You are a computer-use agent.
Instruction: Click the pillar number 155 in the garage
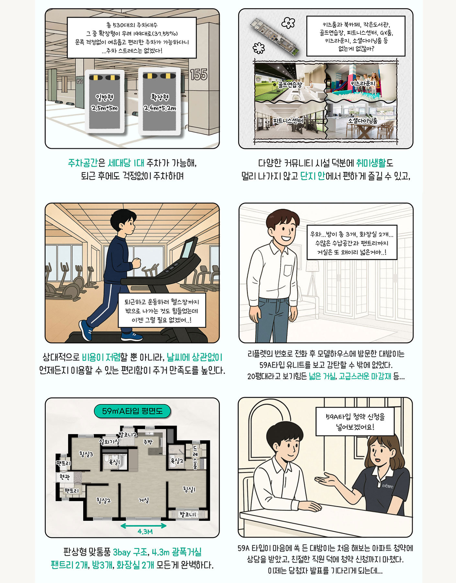pyautogui.click(x=198, y=75)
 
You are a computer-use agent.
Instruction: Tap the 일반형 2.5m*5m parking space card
pyautogui.click(x=104, y=101)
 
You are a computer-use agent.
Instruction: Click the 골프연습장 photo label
pyautogui.click(x=289, y=85)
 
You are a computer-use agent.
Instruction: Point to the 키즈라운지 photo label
pyautogui.click(x=362, y=84)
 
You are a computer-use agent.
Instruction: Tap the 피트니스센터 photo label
pyautogui.click(x=288, y=121)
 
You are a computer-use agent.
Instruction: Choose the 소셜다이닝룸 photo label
pyautogui.click(x=362, y=121)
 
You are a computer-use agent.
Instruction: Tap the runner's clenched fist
pyautogui.click(x=137, y=262)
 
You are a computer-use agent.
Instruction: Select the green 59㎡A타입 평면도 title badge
pyautogui.click(x=132, y=411)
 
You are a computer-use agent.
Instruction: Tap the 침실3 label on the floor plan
pyautogui.click(x=86, y=454)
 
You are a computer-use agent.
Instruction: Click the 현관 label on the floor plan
pyautogui.click(x=64, y=477)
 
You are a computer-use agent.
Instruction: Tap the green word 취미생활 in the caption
pyautogui.click(x=371, y=163)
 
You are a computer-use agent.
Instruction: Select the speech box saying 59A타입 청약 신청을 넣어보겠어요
pyautogui.click(x=355, y=421)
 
